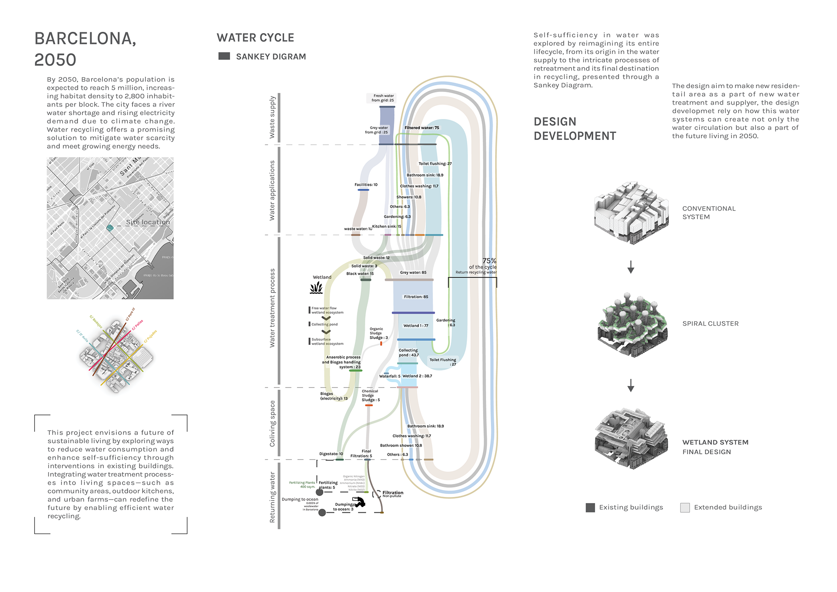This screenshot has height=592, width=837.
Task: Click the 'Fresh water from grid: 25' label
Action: point(381,98)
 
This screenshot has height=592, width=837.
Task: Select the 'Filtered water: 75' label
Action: point(422,128)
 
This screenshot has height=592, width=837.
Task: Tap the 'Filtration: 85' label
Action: point(415,297)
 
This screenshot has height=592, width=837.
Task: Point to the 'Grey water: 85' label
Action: point(413,272)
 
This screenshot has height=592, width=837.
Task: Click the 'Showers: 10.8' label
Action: point(408,197)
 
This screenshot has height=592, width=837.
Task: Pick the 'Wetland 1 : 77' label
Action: point(415,326)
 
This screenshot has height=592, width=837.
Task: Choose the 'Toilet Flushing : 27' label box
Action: point(442,362)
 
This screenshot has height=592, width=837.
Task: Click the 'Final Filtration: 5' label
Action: point(361,454)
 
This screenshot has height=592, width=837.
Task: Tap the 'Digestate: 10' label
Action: point(331,454)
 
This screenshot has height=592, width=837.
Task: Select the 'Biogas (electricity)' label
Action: point(333,396)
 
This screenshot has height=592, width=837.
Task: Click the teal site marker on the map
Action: point(110,228)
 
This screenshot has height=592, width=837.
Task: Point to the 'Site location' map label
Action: point(148,222)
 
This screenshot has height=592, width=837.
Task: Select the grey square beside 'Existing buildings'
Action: point(590,507)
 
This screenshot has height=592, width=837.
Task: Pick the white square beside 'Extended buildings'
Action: point(685,507)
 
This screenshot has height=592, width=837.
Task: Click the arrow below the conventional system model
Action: point(630,267)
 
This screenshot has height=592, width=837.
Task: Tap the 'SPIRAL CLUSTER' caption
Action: point(710,324)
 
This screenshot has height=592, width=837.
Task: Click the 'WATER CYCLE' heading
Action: point(255,38)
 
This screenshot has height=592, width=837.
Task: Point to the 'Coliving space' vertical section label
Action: point(272,423)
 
